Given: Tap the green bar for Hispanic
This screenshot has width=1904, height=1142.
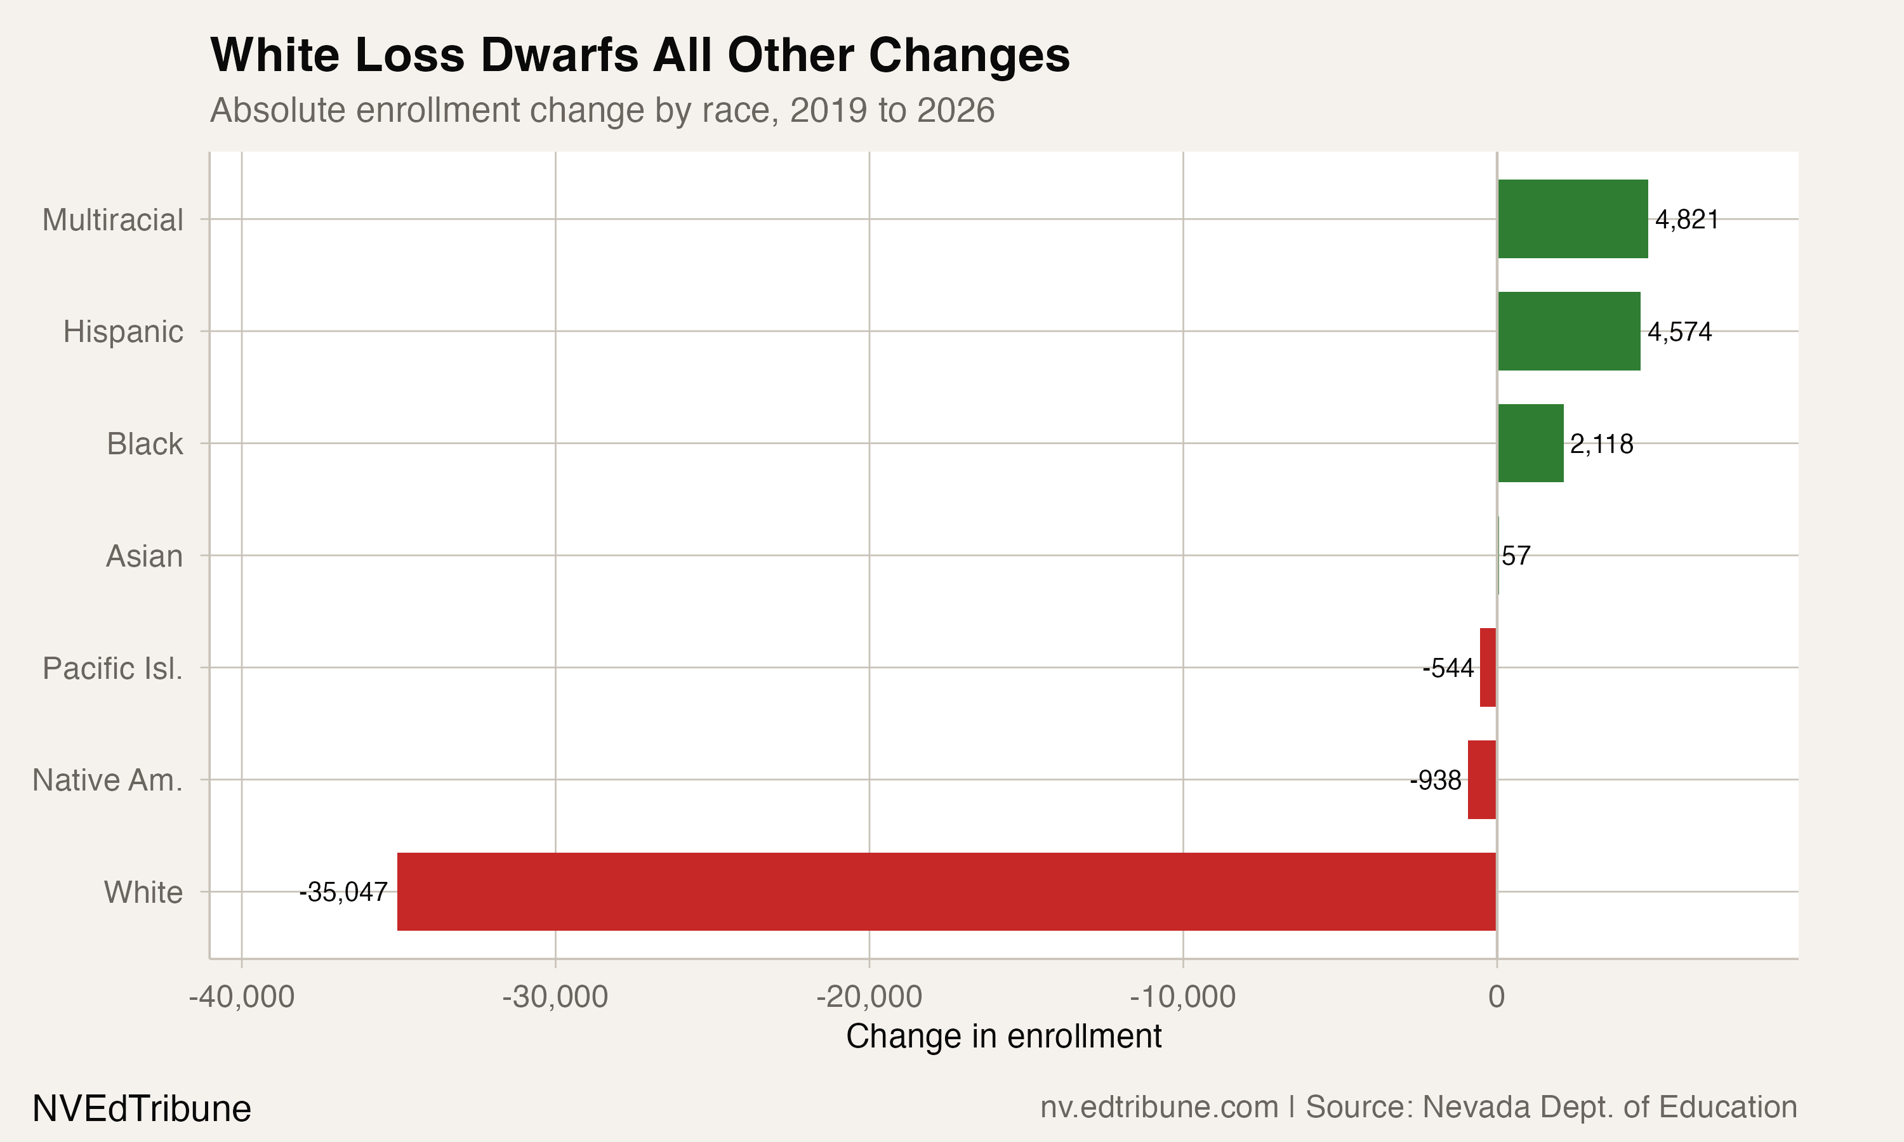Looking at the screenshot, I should click(1568, 331).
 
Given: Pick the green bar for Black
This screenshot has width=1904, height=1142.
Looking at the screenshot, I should click(1530, 443).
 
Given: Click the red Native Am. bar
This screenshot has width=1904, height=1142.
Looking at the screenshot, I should click(1481, 780).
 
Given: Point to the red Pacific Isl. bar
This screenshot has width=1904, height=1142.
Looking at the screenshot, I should click(1488, 667).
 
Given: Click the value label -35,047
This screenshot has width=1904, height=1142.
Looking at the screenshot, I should click(343, 892).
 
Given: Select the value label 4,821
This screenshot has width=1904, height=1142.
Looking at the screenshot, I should click(1687, 220).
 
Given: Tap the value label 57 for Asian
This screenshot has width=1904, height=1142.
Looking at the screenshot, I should click(1516, 556).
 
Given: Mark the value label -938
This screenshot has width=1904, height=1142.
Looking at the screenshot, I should click(1436, 780).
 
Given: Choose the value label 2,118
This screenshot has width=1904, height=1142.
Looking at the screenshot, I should click(1601, 444).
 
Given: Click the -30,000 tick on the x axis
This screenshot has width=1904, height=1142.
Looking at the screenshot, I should click(555, 997).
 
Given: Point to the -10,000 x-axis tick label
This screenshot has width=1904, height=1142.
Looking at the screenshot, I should click(1182, 997).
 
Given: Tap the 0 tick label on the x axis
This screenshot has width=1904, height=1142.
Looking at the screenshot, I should click(1496, 997).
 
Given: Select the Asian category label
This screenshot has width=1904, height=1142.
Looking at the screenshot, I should click(145, 556).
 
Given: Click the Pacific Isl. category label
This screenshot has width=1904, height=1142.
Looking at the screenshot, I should click(112, 668).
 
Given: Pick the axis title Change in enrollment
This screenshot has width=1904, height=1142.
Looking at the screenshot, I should click(1003, 1036).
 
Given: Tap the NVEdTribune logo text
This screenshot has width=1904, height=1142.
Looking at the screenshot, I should click(142, 1108).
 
